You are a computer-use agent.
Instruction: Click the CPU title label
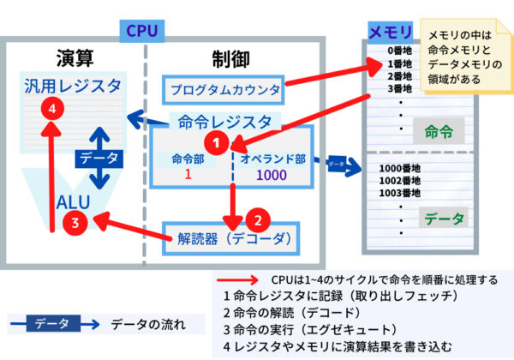[x=140, y=30]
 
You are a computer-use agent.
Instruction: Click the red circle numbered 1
[x=219, y=141]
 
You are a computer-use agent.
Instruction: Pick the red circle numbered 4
[x=53, y=109]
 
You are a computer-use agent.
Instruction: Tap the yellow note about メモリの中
[x=468, y=57]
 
